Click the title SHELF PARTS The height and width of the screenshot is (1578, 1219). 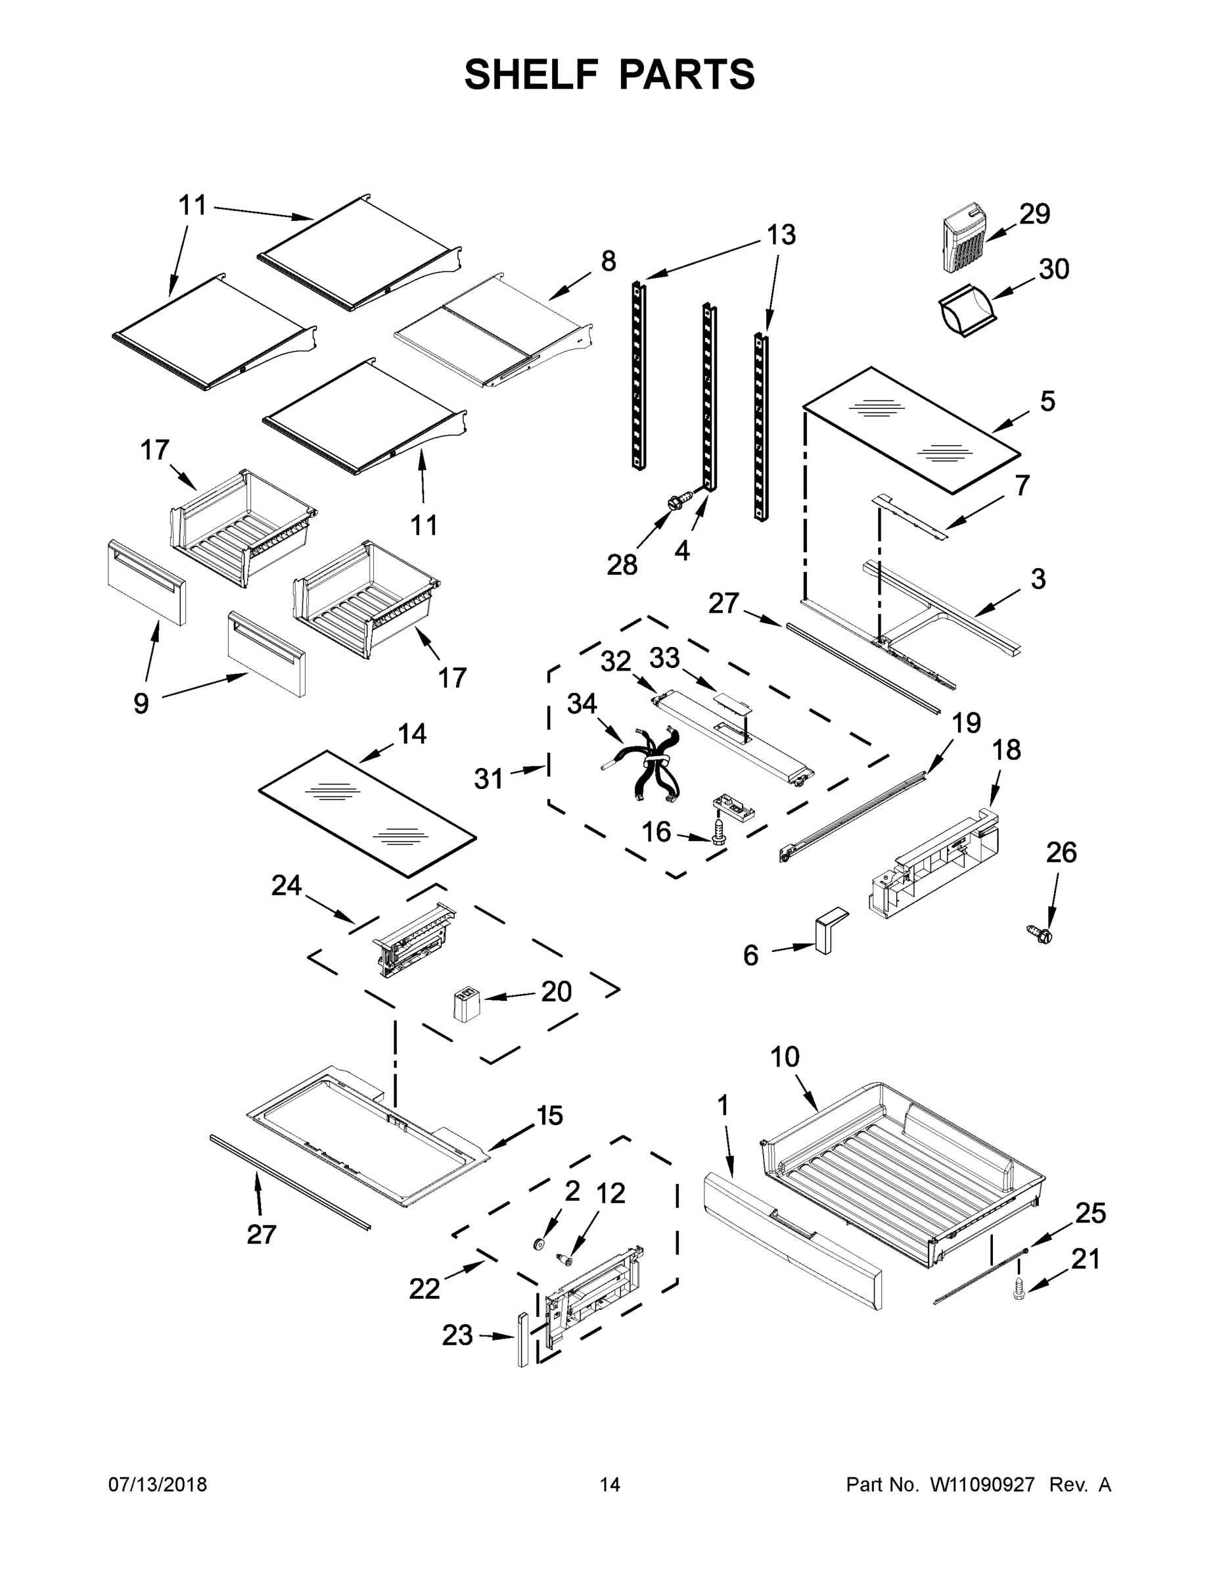610,75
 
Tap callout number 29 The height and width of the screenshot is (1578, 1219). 1034,214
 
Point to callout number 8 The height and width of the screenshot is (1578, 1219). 608,261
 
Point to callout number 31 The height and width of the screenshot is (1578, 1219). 489,779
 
